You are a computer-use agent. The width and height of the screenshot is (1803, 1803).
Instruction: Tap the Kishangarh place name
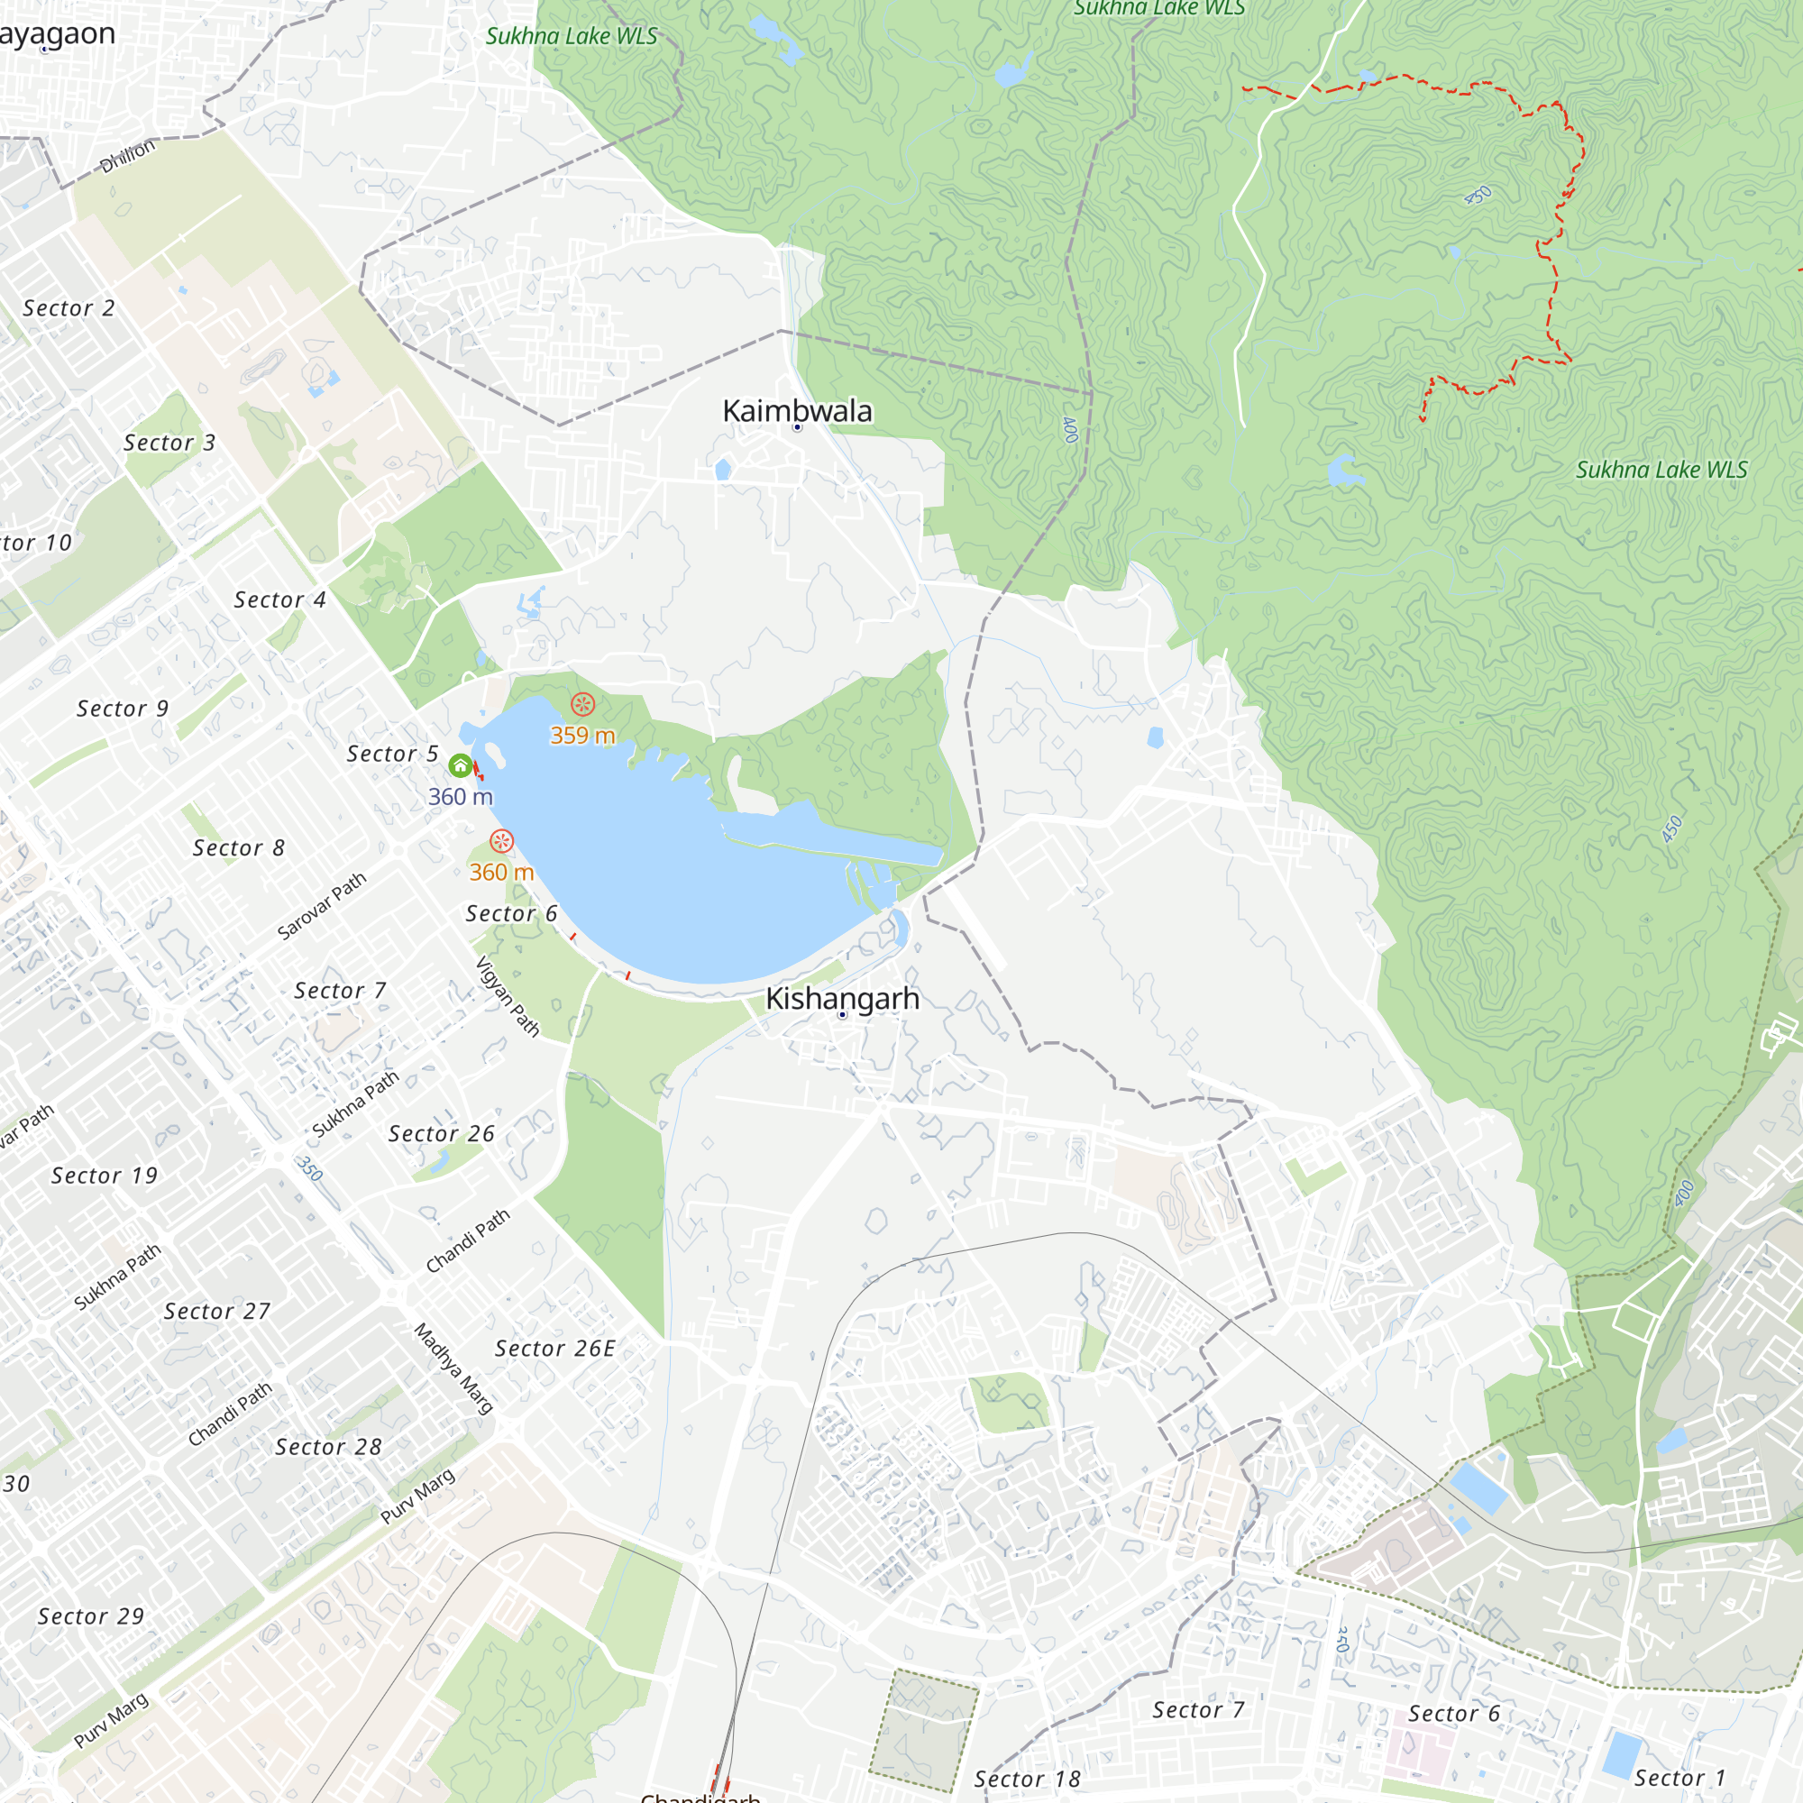[842, 999]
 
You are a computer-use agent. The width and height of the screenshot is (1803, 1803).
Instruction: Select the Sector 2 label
[69, 308]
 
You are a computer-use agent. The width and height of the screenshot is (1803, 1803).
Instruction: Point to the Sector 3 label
[169, 443]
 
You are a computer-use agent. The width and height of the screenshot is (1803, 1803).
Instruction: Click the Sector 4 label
[279, 600]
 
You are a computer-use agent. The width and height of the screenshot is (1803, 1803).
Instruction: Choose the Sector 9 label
[123, 709]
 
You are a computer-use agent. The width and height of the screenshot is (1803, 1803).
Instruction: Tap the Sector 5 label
[392, 753]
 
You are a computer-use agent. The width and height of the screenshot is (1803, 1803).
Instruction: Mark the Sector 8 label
[238, 847]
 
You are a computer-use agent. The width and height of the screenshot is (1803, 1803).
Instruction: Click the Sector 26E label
[554, 1348]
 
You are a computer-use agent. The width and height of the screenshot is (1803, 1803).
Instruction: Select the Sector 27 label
[216, 1311]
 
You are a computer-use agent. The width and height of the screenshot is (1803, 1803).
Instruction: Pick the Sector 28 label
[328, 1447]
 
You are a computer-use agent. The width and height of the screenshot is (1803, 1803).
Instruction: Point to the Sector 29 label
[90, 1616]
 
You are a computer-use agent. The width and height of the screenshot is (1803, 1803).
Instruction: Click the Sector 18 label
[1027, 1779]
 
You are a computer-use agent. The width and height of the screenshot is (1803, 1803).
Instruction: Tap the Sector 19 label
[105, 1175]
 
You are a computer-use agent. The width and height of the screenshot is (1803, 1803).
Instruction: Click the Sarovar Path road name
[322, 905]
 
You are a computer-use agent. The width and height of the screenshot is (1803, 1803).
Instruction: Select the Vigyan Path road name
[508, 997]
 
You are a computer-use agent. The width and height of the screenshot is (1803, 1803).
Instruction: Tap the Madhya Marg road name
[453, 1368]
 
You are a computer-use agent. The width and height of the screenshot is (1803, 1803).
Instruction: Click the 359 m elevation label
[582, 736]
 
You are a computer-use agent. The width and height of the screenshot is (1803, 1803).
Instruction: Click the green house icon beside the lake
[460, 766]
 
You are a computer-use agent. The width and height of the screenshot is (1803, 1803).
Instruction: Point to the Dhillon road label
[128, 156]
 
